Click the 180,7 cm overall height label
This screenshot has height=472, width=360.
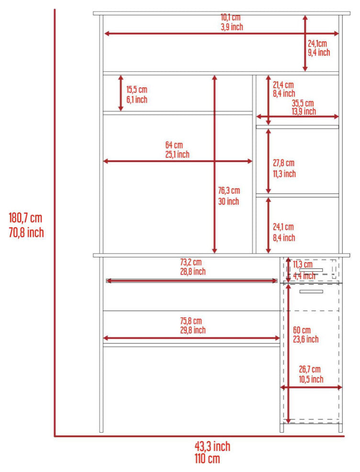click(25, 218)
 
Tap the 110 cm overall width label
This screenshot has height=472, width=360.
click(207, 459)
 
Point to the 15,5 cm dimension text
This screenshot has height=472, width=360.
click(137, 90)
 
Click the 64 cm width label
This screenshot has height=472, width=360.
click(174, 145)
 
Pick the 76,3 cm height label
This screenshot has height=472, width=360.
click(228, 191)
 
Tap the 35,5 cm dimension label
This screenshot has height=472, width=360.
click(303, 103)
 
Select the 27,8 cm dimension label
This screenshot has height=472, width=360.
click(283, 163)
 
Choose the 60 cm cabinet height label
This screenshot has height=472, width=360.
click(302, 330)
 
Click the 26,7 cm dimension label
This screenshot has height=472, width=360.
click(309, 369)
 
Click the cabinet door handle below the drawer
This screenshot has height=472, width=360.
click(311, 291)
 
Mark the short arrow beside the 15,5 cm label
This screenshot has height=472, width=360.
click(121, 93)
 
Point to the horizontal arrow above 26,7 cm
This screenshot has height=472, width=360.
click(311, 387)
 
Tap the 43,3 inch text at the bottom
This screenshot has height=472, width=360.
click(212, 447)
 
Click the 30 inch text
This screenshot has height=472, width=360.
click(228, 202)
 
